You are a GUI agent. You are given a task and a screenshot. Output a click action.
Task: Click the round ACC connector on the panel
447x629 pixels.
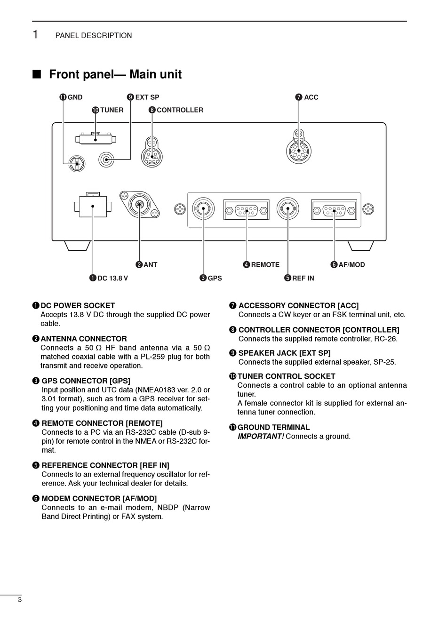click(x=299, y=151)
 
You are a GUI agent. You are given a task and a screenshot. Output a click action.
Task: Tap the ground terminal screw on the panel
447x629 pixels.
click(x=77, y=164)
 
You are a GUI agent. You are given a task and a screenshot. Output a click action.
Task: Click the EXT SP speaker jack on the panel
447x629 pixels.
click(x=107, y=160)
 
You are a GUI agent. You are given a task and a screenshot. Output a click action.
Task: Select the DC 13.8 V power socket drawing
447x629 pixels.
click(x=93, y=206)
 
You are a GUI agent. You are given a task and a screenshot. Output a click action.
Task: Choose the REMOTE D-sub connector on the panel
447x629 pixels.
click(x=247, y=210)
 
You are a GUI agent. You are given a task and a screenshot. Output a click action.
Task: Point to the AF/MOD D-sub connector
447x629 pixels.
click(x=334, y=210)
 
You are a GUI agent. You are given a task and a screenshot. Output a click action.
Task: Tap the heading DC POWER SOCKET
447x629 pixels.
click(x=78, y=306)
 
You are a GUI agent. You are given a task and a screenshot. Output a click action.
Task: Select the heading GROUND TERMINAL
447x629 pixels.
click(x=273, y=428)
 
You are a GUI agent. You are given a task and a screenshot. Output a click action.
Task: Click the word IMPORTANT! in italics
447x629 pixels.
click(x=261, y=437)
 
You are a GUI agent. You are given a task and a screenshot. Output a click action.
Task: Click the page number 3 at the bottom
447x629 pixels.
click(x=19, y=600)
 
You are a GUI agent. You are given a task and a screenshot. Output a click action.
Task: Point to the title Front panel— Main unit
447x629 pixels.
click(x=115, y=74)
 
